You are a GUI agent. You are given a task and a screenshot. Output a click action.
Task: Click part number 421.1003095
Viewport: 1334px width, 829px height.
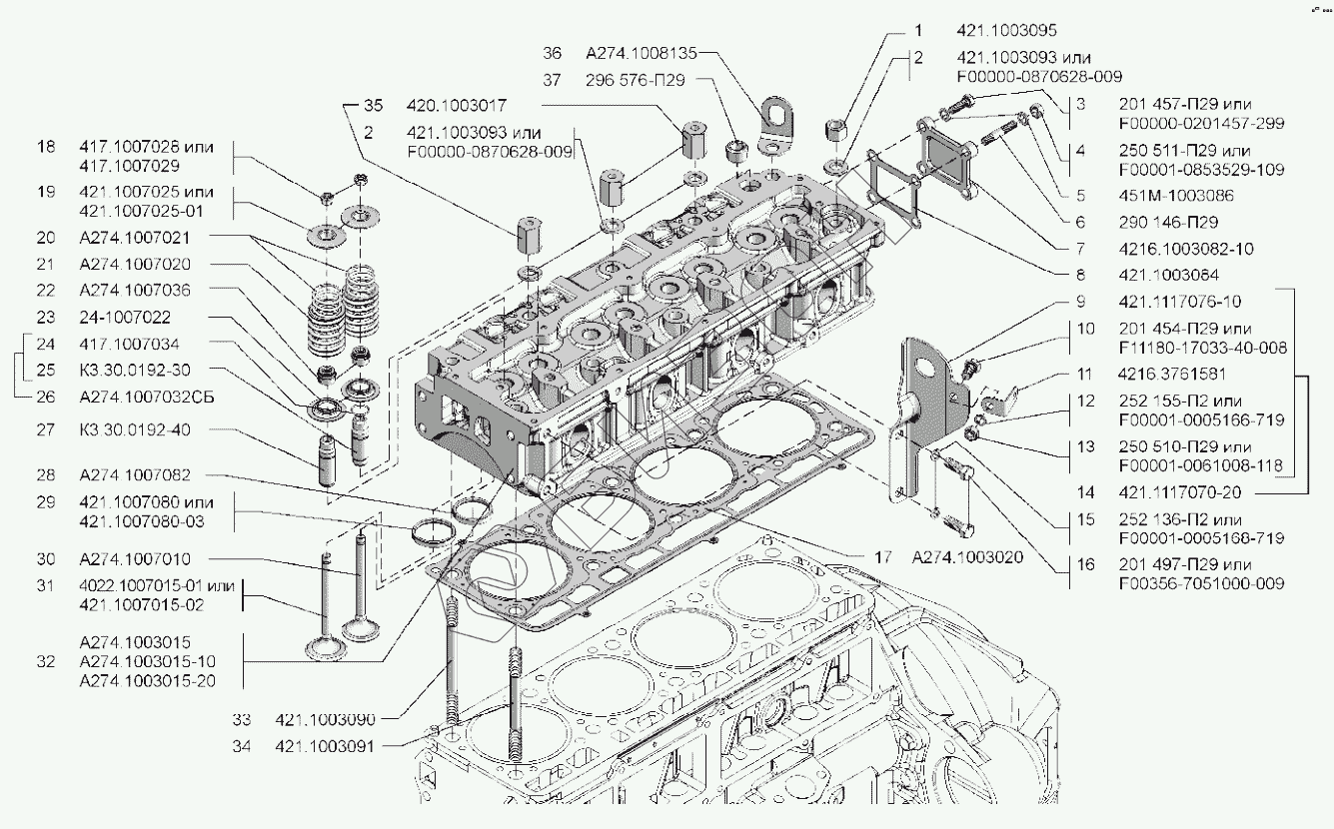(x=1006, y=31)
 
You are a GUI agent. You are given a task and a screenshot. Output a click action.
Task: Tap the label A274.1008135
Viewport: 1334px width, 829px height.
(x=641, y=52)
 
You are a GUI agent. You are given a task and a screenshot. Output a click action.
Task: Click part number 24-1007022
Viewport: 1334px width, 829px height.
(x=124, y=317)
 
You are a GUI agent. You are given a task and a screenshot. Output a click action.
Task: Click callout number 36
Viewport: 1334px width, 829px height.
(x=553, y=52)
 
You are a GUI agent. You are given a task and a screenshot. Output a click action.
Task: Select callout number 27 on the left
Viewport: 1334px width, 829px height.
(x=45, y=430)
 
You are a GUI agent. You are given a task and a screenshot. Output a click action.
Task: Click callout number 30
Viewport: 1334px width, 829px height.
(x=45, y=559)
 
